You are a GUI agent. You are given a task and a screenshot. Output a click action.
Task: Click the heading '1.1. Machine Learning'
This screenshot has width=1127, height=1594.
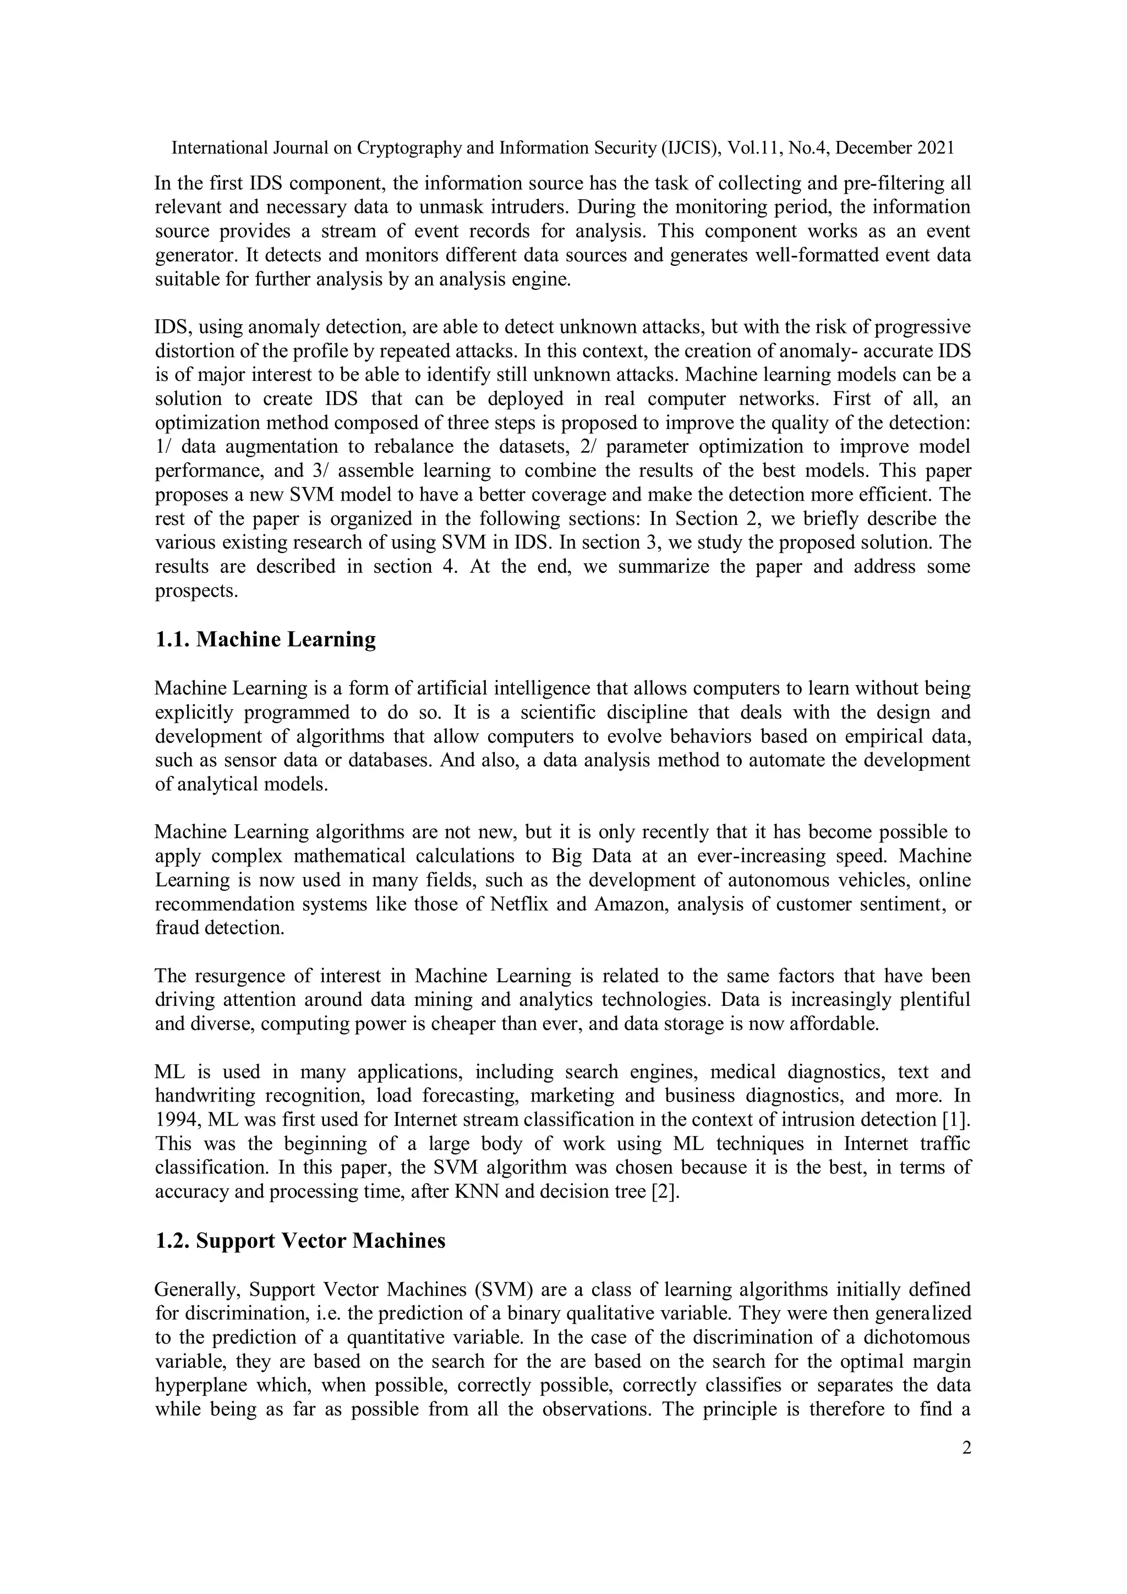click(265, 639)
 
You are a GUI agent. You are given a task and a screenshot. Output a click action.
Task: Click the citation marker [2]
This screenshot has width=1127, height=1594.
click(665, 1192)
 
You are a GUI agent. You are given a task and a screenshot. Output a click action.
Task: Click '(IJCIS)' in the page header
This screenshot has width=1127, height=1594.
click(690, 148)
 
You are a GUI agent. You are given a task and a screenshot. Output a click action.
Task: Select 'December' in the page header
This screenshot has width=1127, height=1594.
click(876, 148)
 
